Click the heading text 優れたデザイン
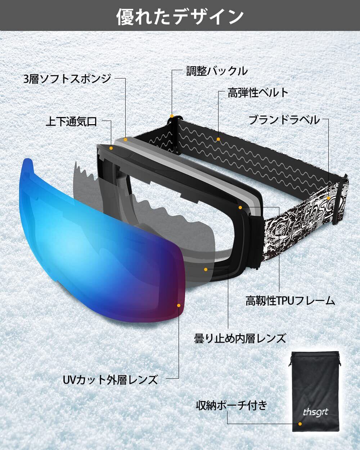(x=180, y=17)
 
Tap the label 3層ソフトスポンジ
(x=67, y=78)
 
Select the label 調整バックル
(x=217, y=71)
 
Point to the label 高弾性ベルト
(x=258, y=93)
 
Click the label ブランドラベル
(x=284, y=120)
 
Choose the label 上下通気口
(x=71, y=121)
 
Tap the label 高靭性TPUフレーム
(x=290, y=301)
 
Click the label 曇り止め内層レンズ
(x=240, y=338)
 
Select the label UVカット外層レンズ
(x=110, y=379)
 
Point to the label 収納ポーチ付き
(x=231, y=405)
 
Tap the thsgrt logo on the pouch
(x=315, y=411)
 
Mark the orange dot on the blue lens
(x=179, y=305)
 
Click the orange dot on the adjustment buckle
(x=172, y=116)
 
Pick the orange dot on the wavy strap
(x=219, y=139)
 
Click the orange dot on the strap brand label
(x=328, y=198)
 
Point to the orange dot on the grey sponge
(x=125, y=139)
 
